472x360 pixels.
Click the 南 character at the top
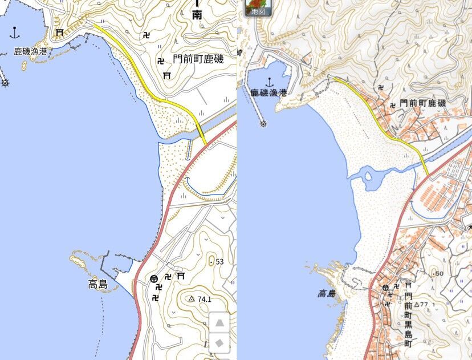(197, 15)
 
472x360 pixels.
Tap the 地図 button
(258, 8)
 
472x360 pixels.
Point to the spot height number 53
(219, 262)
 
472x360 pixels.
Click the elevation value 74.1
(205, 299)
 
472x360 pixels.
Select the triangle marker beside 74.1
(192, 298)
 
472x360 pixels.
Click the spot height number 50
(438, 274)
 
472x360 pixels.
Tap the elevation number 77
(424, 304)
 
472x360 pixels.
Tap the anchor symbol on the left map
(15, 33)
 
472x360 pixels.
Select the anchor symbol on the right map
(269, 82)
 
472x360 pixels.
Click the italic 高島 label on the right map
(327, 294)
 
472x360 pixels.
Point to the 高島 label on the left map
(98, 284)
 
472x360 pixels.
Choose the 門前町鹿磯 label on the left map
(198, 59)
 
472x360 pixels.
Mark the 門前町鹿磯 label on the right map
(422, 103)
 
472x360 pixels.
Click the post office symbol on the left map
(154, 278)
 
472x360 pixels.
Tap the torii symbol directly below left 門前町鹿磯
(167, 75)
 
